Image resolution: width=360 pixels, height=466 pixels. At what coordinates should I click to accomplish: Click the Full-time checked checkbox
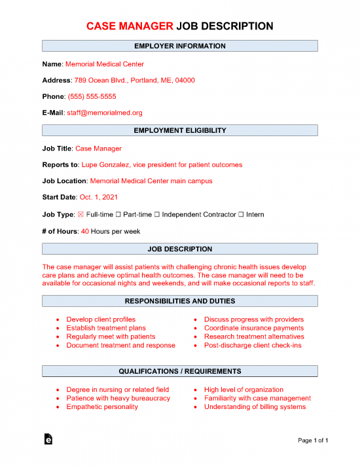81,215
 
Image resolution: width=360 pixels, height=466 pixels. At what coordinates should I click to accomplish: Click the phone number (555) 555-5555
92,97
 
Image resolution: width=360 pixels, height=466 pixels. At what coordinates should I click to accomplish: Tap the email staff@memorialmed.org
104,113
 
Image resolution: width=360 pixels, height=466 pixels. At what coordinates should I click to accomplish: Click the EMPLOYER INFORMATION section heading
180,46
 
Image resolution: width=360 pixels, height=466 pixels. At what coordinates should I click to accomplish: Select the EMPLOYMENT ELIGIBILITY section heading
180,131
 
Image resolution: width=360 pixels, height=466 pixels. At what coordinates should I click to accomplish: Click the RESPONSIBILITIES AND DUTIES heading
180,301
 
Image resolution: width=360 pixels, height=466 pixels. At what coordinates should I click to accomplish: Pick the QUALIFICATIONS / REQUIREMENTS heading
180,372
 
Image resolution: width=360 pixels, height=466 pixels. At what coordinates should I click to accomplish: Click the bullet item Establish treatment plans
105,328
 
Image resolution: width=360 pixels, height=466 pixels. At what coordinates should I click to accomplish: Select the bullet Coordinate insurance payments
253,328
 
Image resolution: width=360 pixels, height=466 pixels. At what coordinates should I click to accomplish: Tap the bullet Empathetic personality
101,406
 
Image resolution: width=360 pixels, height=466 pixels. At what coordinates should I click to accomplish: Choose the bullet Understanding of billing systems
255,406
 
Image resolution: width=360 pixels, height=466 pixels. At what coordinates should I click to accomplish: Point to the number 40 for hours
84,231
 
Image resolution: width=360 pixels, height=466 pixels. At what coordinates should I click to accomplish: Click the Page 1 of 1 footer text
312,440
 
